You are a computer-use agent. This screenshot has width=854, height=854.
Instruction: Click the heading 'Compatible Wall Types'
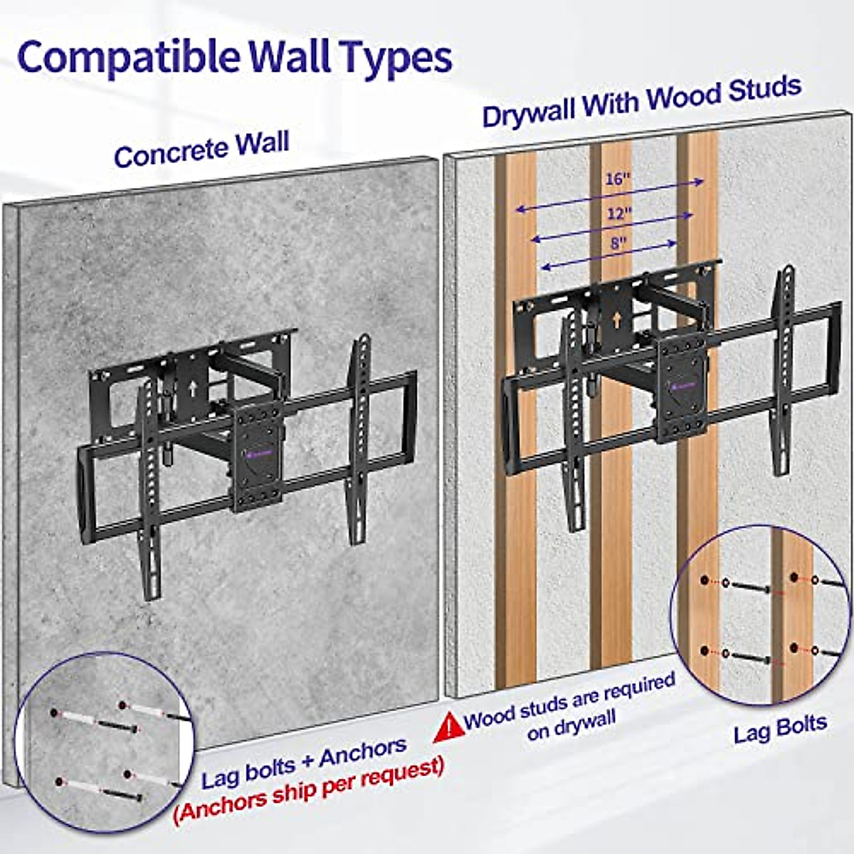click(x=235, y=57)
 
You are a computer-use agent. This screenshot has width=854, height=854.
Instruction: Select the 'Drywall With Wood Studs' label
click(x=641, y=102)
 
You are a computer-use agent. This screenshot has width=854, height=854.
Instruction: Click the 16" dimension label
click(x=618, y=178)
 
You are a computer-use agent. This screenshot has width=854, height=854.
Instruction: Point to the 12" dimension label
click(x=619, y=212)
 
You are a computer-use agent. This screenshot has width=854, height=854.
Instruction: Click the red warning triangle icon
click(x=448, y=727)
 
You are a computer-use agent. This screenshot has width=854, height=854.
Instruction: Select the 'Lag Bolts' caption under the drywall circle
click(x=780, y=729)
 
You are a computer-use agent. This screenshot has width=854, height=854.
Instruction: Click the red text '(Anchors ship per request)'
click(x=309, y=789)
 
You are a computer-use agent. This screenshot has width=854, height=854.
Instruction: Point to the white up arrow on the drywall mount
click(x=616, y=320)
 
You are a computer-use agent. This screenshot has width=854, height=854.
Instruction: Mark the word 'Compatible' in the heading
click(x=128, y=57)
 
